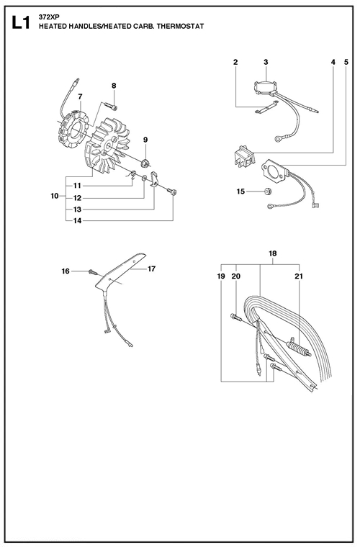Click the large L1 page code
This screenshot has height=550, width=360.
(x=21, y=23)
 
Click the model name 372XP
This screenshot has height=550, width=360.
(x=45, y=19)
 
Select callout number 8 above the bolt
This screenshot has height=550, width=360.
(x=114, y=86)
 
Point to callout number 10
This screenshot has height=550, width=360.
(x=55, y=196)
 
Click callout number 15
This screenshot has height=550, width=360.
(x=240, y=191)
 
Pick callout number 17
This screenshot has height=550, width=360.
(x=151, y=269)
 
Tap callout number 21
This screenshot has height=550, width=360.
(x=299, y=276)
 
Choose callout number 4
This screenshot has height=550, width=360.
(x=333, y=62)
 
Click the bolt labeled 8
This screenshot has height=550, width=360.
(x=110, y=105)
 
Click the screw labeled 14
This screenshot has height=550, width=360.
(x=171, y=191)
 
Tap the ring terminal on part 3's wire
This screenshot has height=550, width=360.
(x=278, y=139)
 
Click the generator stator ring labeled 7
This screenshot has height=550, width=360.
(x=73, y=130)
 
